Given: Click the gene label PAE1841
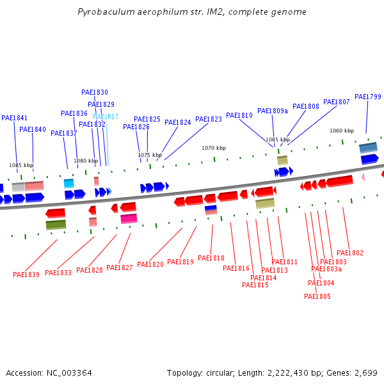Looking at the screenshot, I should [x=14, y=118].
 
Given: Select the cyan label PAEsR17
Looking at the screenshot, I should [x=106, y=116].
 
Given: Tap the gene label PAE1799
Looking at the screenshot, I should [x=367, y=97].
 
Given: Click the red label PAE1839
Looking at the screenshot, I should [x=26, y=275].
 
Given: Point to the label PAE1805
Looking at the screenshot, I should [x=317, y=296].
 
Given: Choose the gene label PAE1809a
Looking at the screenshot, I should [x=273, y=111].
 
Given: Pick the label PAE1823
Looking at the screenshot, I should [x=209, y=119].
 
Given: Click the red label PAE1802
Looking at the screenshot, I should [x=350, y=253].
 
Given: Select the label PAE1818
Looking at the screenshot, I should [x=211, y=258].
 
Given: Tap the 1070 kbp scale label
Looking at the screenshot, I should [x=214, y=148].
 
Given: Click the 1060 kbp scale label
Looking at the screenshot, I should [x=342, y=131].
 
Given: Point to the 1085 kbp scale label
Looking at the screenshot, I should [x=21, y=165].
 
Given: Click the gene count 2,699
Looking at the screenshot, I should [x=365, y=372].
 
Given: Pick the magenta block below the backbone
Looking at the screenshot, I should [x=129, y=218].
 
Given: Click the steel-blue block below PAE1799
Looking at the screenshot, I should [x=368, y=147].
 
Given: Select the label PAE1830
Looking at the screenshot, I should [x=95, y=92].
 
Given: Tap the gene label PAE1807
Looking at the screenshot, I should [x=337, y=102].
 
